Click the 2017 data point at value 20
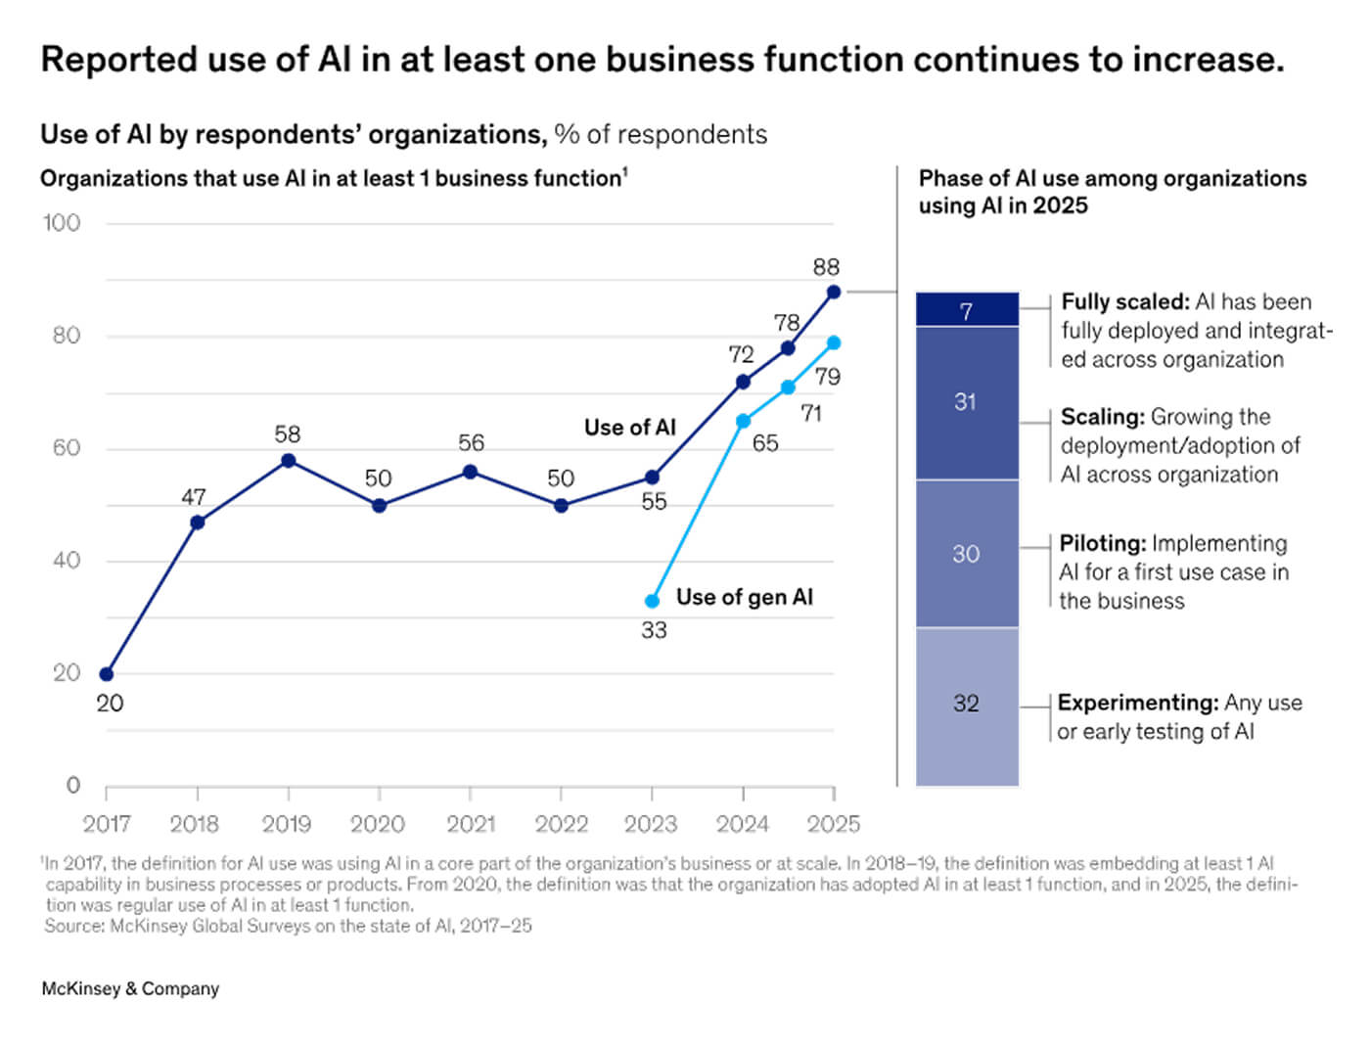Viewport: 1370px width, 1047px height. click(107, 674)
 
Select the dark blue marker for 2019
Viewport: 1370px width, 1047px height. click(288, 461)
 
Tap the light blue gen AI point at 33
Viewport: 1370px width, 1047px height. click(652, 601)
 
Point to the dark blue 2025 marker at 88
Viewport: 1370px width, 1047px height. click(834, 292)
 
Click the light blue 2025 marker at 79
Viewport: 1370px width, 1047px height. click(834, 342)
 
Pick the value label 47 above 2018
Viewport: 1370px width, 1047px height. click(194, 498)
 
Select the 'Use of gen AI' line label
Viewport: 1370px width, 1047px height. click(744, 597)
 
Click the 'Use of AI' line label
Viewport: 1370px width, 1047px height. click(629, 428)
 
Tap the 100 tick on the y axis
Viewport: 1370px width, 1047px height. click(61, 223)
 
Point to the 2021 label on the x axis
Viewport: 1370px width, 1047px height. click(471, 824)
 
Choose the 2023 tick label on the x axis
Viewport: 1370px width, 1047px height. click(651, 824)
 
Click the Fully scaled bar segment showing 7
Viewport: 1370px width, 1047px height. click(967, 310)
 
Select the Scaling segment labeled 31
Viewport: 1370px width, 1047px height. click(967, 402)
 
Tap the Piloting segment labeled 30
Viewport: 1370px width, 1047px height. click(967, 554)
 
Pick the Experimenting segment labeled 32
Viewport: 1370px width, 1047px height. click(967, 704)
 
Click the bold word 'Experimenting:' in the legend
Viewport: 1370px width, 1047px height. click(1137, 703)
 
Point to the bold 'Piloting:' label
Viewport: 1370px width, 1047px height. click(1102, 543)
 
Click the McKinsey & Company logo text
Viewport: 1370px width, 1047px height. click(130, 989)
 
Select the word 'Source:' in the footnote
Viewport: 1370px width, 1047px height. click(74, 926)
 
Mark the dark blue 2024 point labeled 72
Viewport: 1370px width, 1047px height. click(743, 382)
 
